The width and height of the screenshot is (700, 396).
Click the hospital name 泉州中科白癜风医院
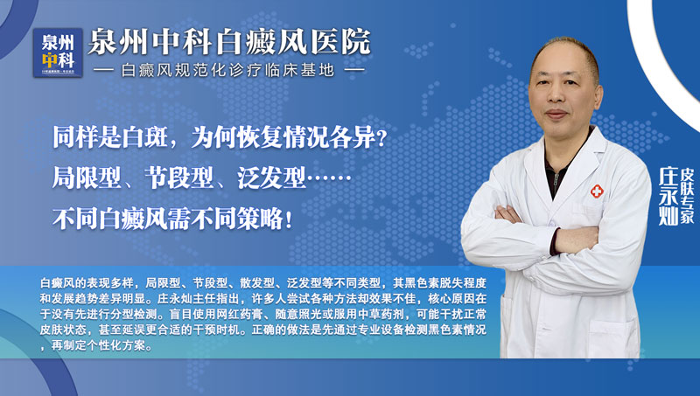tap(230, 40)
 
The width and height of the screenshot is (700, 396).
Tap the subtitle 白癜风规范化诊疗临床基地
tap(229, 69)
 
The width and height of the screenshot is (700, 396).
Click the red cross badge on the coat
tap(596, 191)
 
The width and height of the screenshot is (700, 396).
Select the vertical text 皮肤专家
tap(687, 192)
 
